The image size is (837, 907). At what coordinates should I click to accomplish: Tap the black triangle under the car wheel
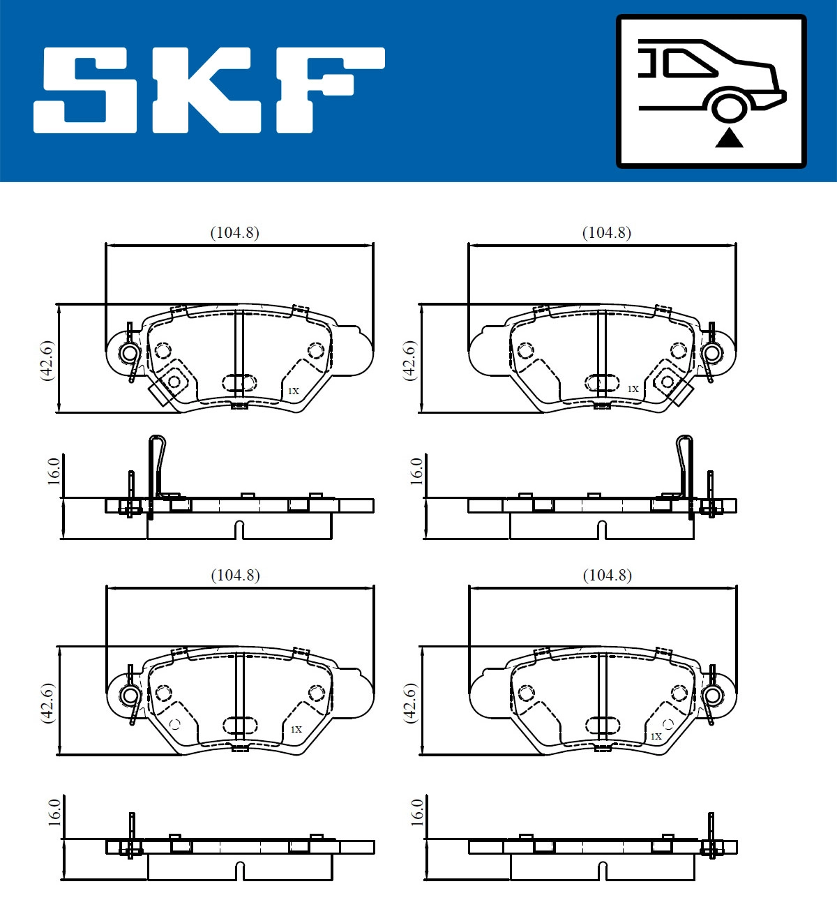pos(729,138)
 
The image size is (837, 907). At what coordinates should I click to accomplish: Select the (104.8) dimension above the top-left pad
pos(234,233)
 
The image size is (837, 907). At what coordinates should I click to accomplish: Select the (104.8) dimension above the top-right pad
pos(606,233)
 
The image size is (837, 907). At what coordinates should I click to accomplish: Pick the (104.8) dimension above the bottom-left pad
pos(235,576)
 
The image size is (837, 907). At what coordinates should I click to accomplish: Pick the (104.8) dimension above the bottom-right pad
pos(607,576)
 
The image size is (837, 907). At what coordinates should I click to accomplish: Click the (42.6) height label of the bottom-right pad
pos(411,703)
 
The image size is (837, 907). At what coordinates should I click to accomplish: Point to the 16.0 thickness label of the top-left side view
pos(54,472)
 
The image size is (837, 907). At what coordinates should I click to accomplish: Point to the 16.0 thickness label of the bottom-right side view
pos(417,812)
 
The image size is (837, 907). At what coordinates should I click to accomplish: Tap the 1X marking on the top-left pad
pos(293,391)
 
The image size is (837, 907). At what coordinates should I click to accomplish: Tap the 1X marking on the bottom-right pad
pos(656,736)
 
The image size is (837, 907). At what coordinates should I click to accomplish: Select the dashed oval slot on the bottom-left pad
pos(239,725)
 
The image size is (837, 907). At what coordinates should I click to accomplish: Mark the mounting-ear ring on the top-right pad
pos(712,353)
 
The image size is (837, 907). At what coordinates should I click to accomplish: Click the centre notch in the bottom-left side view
pos(239,871)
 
